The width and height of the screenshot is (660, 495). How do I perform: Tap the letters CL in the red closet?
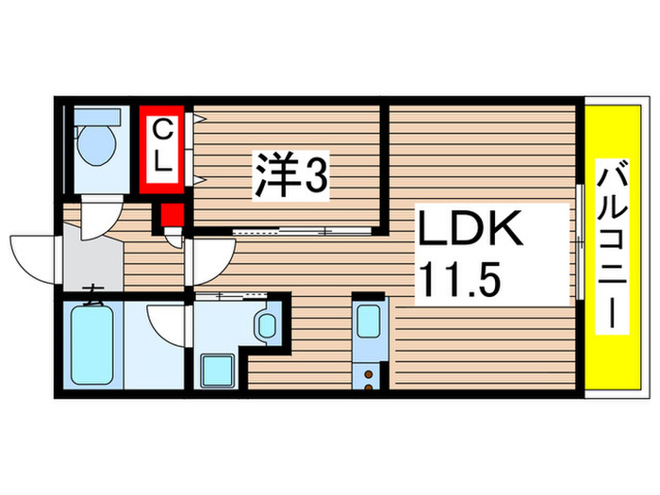[163, 143]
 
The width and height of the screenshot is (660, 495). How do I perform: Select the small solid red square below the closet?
[171, 217]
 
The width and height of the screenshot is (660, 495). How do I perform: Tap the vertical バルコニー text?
[612, 247]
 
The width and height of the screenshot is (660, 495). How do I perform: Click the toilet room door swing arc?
[100, 222]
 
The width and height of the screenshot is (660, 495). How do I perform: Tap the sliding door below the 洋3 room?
[283, 230]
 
